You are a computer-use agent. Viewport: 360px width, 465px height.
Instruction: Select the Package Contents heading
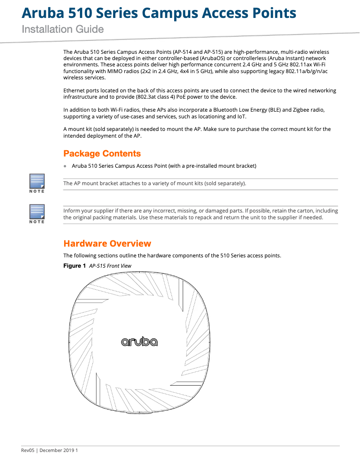tap(102, 154)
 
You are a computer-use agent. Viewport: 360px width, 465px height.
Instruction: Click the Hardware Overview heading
tap(107, 243)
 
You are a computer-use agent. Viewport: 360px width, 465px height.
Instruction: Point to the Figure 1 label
tap(75, 266)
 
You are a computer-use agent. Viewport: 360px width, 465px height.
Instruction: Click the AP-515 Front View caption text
tap(110, 266)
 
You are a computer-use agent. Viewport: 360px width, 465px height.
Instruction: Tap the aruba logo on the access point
tap(139, 342)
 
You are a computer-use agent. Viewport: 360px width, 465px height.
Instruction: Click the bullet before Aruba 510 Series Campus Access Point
tap(65, 166)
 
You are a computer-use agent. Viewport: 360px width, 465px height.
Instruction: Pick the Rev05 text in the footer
tap(28, 450)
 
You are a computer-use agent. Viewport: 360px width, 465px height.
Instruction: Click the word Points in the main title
tap(274, 13)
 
